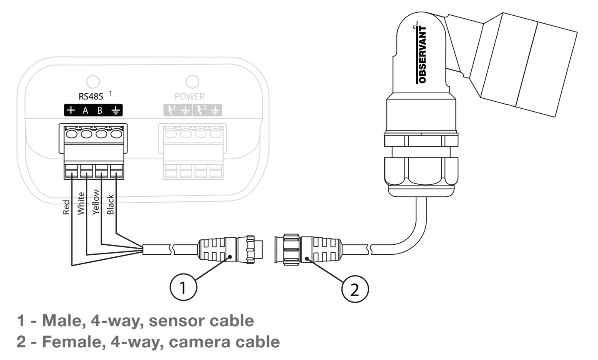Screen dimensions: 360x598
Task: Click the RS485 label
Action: [x=91, y=96]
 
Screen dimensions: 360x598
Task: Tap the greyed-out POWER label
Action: [x=189, y=96]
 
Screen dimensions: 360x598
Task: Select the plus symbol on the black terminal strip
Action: [x=71, y=110]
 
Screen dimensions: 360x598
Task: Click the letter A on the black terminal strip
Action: [x=85, y=111]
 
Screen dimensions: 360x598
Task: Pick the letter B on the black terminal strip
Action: [x=100, y=111]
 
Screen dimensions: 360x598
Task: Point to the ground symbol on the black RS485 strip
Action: [x=115, y=111]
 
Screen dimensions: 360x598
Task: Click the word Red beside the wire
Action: [x=66, y=207]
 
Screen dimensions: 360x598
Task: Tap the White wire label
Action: [x=81, y=203]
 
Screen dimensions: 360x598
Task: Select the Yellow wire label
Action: [x=96, y=202]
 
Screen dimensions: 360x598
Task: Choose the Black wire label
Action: [x=110, y=204]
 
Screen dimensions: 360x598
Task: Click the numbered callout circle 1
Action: [x=183, y=287]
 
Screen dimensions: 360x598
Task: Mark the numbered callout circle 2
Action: [x=355, y=290]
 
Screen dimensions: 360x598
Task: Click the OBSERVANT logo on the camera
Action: [x=422, y=55]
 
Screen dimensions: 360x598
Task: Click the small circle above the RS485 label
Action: [x=93, y=81]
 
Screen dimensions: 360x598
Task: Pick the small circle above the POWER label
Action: [x=192, y=81]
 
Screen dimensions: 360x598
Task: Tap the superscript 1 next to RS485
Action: [x=111, y=94]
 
